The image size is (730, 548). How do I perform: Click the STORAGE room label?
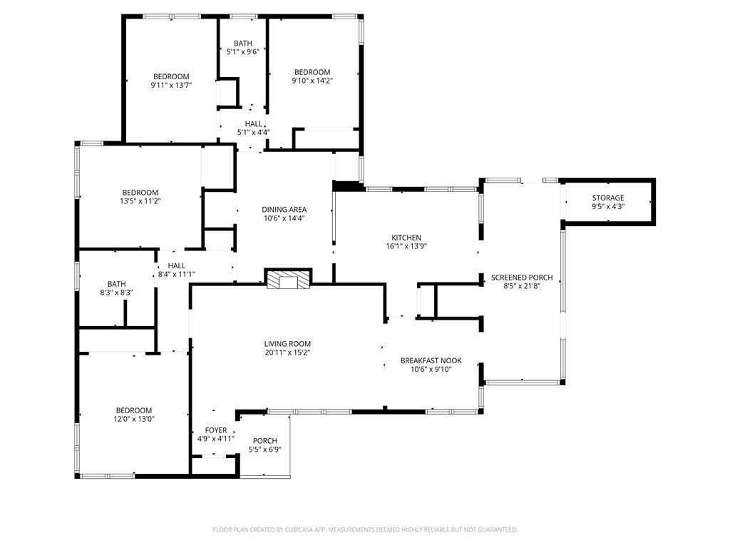click(x=608, y=198)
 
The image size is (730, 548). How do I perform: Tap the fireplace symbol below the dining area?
click(x=288, y=279)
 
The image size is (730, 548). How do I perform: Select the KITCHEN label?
click(x=406, y=238)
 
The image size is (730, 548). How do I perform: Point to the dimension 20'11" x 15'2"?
click(x=288, y=352)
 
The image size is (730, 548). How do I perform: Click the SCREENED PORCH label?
click(x=522, y=278)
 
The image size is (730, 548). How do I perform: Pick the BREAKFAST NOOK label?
click(x=431, y=360)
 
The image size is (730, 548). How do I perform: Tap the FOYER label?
click(x=216, y=430)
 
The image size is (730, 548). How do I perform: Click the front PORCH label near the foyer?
click(x=265, y=441)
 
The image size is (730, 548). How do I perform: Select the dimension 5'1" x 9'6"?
click(x=242, y=51)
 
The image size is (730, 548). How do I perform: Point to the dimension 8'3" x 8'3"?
click(x=116, y=293)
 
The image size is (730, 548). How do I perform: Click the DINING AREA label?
click(x=284, y=210)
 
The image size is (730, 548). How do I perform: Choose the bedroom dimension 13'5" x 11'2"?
click(x=140, y=201)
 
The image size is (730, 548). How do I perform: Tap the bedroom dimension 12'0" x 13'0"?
click(x=134, y=419)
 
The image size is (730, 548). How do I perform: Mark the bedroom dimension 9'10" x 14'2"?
click(x=312, y=81)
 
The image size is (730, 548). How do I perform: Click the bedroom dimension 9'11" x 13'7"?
click(x=171, y=86)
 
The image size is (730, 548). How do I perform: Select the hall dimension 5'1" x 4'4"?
click(x=254, y=132)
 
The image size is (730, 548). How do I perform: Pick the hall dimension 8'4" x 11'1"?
click(x=177, y=275)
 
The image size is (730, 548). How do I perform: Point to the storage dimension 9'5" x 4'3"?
click(x=608, y=206)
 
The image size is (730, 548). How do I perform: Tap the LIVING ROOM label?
click(x=288, y=344)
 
